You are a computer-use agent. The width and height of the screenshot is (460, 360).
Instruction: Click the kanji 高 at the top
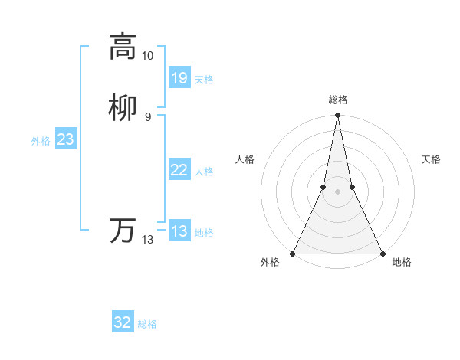pyautogui.click(x=123, y=46)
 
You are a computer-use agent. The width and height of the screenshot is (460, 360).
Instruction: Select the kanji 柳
pyautogui.click(x=123, y=108)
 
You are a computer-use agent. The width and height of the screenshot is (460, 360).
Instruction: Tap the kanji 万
pyautogui.click(x=123, y=231)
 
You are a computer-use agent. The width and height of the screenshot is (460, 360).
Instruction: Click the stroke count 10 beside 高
pyautogui.click(x=147, y=56)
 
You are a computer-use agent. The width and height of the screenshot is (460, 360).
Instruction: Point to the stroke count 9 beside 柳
pyautogui.click(x=147, y=117)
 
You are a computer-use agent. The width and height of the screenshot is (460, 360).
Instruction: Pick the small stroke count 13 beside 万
pyautogui.click(x=147, y=240)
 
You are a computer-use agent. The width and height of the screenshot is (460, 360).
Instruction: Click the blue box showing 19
pyautogui.click(x=179, y=78)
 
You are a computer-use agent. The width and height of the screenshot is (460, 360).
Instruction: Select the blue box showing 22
pyautogui.click(x=179, y=170)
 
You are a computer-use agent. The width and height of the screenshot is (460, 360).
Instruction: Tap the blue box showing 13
pyautogui.click(x=179, y=231)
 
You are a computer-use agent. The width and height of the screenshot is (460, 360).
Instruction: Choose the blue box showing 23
pyautogui.click(x=65, y=139)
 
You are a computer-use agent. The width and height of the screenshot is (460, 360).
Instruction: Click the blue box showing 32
pyautogui.click(x=123, y=322)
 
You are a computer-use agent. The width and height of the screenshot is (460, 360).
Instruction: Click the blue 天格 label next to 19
pyautogui.click(x=204, y=80)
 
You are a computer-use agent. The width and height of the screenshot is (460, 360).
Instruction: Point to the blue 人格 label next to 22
pyautogui.click(x=204, y=172)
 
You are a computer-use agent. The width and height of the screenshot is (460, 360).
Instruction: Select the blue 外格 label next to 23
pyautogui.click(x=41, y=141)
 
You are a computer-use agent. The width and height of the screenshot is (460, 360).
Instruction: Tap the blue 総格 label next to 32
pyautogui.click(x=147, y=324)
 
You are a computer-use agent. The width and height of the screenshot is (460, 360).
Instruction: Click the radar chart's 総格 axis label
pyautogui.click(x=337, y=100)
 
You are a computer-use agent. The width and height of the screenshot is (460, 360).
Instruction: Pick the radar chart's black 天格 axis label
pyautogui.click(x=431, y=159)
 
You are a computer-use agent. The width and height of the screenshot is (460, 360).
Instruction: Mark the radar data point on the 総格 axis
pyautogui.click(x=337, y=116)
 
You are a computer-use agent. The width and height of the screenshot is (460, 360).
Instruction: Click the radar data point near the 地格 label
pyautogui.click(x=382, y=253)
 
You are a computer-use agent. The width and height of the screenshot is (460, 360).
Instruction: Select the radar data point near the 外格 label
pyautogui.click(x=293, y=253)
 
